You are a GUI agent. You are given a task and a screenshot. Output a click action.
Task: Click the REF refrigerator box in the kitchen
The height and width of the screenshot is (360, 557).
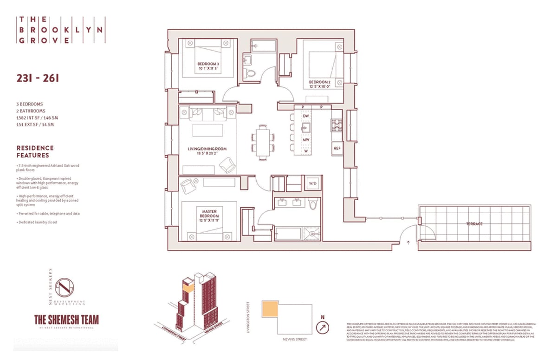tap(337, 148)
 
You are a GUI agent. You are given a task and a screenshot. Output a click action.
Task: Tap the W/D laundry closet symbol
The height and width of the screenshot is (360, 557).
tap(312, 183)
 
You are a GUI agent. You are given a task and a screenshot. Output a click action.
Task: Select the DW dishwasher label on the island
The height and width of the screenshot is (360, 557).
tap(306, 116)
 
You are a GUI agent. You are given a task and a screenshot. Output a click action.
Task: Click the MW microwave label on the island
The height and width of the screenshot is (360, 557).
tap(306, 139)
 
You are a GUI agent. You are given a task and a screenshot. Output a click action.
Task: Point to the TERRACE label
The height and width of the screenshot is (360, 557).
tap(474, 224)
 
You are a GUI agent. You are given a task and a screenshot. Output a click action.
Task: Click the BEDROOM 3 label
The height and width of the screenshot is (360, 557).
tap(208, 66)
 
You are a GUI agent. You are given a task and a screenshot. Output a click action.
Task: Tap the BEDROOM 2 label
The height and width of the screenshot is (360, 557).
tap(320, 84)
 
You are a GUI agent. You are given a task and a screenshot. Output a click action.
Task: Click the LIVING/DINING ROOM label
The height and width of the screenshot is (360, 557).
tap(207, 150)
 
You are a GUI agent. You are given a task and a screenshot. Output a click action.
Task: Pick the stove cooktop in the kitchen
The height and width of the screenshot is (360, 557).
tap(336, 125)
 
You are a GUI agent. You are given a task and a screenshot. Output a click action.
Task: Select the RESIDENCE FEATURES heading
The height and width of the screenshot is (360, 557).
tap(35, 151)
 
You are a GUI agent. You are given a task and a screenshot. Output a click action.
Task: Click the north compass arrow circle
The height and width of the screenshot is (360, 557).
tap(322, 328)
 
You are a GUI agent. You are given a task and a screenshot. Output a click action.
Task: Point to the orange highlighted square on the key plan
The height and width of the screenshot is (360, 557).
tap(270, 309)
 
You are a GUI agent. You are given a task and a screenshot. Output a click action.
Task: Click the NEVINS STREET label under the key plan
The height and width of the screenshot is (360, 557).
tap(294, 340)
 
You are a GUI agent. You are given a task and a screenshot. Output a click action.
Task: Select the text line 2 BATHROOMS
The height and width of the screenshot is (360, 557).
tap(31, 111)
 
